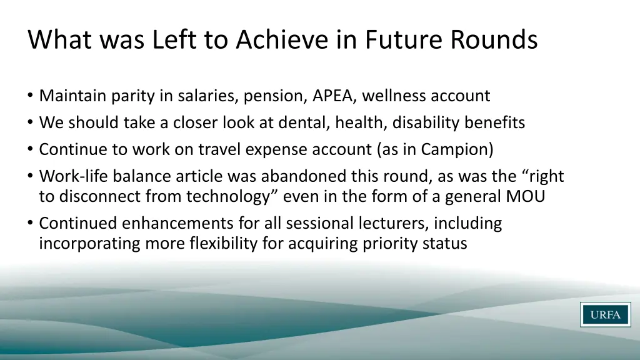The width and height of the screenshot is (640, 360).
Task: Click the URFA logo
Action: point(605,314)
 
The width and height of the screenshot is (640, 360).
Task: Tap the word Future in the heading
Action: point(402,40)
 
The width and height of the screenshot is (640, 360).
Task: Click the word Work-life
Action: point(71,177)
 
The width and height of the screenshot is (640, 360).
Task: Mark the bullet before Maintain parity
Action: point(31,97)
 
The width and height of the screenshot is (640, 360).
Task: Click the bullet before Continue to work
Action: point(31,151)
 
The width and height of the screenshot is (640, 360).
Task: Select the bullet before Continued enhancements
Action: point(31,224)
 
